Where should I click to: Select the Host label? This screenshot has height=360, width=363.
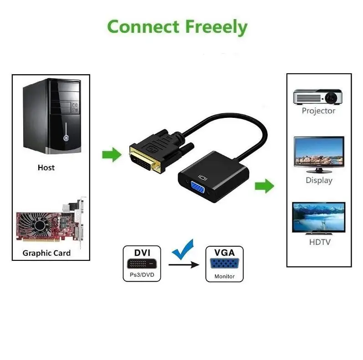[x=46, y=167]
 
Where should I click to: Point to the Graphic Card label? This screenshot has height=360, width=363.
[x=46, y=253]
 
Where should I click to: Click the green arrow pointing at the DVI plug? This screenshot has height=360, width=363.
[x=111, y=155]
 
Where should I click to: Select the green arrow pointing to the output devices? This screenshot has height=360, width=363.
[x=264, y=186]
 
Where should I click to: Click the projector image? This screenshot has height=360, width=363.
[x=317, y=96]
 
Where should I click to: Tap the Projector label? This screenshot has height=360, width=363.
[x=318, y=111]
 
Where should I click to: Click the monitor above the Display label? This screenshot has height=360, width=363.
[x=318, y=154]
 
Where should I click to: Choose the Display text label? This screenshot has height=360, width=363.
[x=319, y=180]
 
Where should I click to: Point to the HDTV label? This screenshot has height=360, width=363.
[x=319, y=242]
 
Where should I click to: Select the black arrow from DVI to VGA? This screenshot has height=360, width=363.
[x=184, y=264]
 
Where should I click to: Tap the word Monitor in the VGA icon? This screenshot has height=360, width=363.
[x=225, y=276]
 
